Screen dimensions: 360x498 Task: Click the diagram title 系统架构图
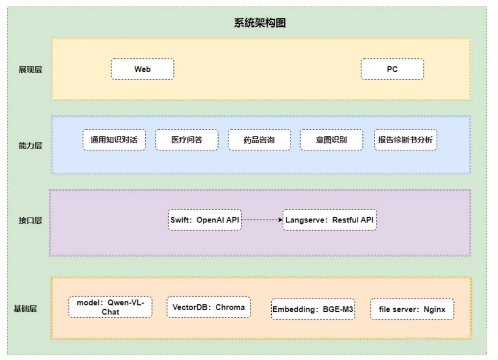pyautogui.click(x=260, y=24)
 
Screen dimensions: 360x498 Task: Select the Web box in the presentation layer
pyautogui.click(x=142, y=69)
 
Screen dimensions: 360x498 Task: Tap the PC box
pyautogui.click(x=392, y=69)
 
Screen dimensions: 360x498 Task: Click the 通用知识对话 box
pyautogui.click(x=114, y=140)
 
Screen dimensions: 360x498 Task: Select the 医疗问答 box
pyautogui.click(x=187, y=140)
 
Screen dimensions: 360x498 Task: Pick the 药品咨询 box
pyautogui.click(x=259, y=140)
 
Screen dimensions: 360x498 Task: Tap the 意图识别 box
pyautogui.click(x=331, y=140)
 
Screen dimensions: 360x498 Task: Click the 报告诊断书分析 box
pyautogui.click(x=405, y=140)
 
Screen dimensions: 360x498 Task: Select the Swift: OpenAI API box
pyautogui.click(x=204, y=220)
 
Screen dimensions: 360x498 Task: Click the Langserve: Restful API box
pyautogui.click(x=330, y=220)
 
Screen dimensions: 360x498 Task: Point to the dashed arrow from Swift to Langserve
pyautogui.click(x=262, y=220)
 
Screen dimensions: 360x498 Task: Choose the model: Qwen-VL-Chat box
pyautogui.click(x=111, y=308)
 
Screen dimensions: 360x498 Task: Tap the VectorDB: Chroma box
pyautogui.click(x=209, y=307)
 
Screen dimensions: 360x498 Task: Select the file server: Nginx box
pyautogui.click(x=412, y=309)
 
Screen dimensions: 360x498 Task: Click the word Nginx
pyautogui.click(x=434, y=309)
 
